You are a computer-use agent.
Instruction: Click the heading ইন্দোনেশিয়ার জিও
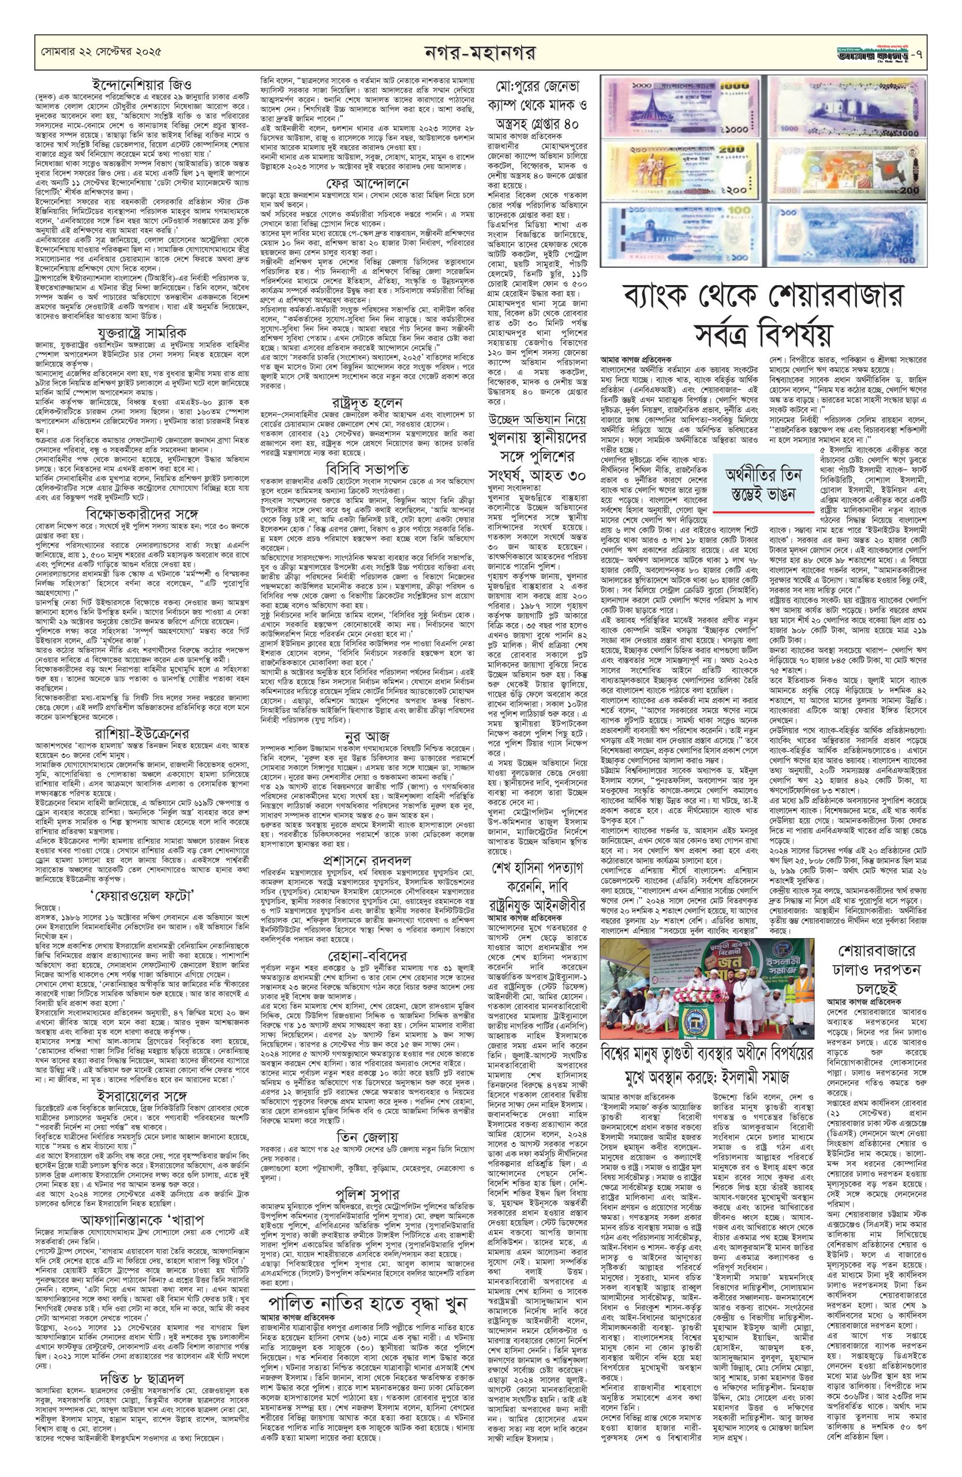coord(140,83)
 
